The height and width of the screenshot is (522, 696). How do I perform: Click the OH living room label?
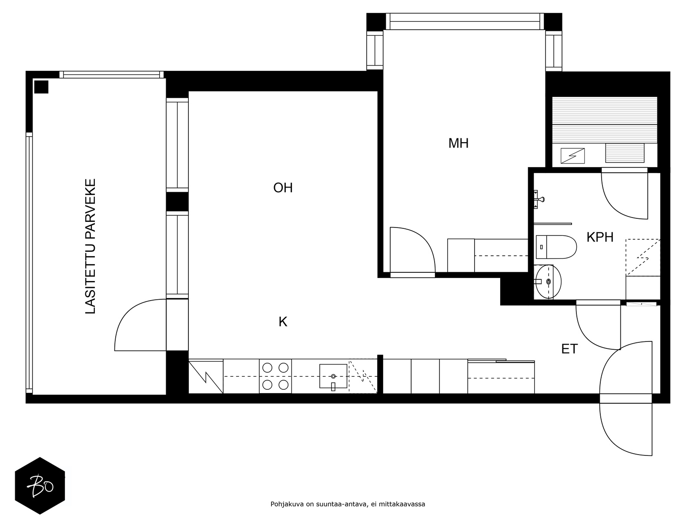point(282,187)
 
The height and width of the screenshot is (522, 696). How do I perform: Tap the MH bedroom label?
point(458,143)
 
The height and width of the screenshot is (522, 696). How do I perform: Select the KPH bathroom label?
point(599,237)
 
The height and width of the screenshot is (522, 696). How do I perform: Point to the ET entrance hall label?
point(569,349)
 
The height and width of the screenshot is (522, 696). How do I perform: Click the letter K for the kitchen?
point(283,322)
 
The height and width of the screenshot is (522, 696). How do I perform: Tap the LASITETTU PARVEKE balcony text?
point(90,246)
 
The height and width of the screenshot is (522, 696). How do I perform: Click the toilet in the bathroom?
point(556,247)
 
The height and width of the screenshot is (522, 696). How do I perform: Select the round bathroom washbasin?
point(548,281)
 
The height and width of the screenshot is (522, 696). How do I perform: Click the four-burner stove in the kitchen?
point(275,376)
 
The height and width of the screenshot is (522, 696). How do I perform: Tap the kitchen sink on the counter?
point(333,376)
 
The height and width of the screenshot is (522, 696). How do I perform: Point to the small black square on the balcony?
point(41,87)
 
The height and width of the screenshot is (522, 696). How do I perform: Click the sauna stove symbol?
point(572,156)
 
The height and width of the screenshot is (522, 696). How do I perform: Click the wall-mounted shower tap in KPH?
point(539,199)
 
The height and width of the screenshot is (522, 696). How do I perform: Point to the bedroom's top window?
point(465,21)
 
